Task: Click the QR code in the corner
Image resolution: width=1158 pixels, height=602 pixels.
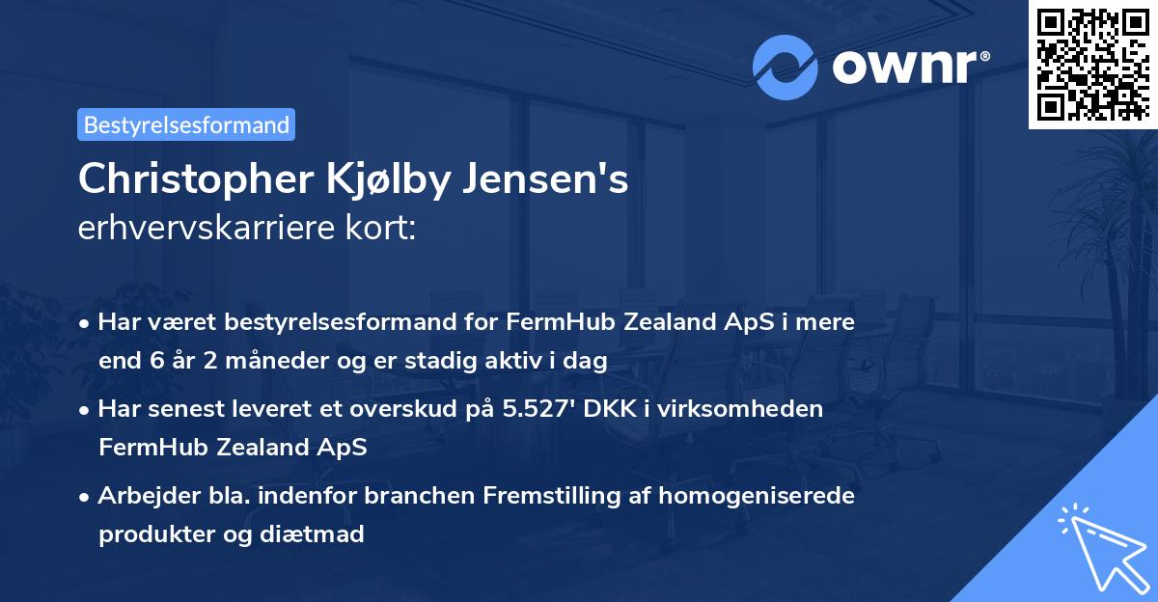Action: click(1091, 64)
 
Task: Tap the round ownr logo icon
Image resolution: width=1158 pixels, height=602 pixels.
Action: click(786, 67)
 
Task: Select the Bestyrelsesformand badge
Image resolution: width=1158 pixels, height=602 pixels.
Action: click(186, 124)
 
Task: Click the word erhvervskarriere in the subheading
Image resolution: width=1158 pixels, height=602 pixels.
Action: click(206, 229)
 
